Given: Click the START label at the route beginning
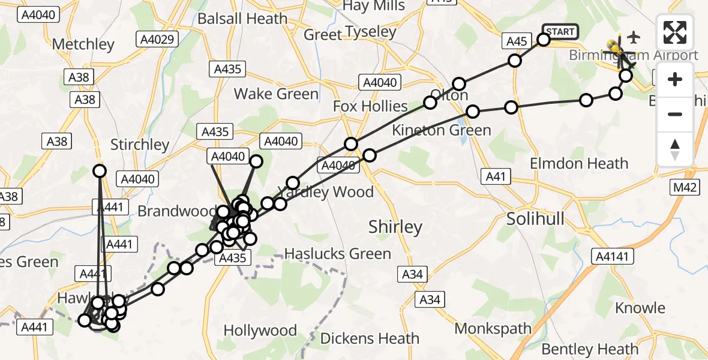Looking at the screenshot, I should click(560, 31).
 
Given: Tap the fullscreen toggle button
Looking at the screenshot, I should click(675, 32).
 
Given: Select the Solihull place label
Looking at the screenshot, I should click(535, 219).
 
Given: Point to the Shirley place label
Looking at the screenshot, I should click(395, 227).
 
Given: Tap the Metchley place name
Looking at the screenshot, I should click(83, 44).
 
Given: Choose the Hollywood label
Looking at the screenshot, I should click(260, 331).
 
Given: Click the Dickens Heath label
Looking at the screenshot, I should click(370, 338).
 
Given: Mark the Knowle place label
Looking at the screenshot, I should click(640, 308).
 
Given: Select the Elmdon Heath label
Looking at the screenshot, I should click(579, 163).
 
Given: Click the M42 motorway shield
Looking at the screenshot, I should click(685, 188).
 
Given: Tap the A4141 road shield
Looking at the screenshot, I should click(611, 257).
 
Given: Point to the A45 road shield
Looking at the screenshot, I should click(517, 41).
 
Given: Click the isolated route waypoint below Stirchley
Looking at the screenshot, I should click(100, 171).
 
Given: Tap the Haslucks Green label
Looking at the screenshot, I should click(338, 254).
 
